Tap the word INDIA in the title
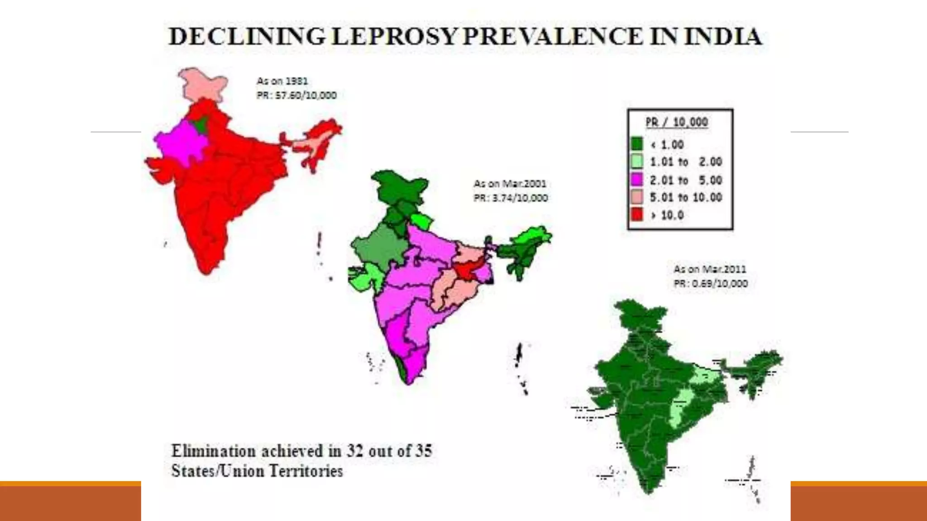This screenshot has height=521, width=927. coord(723,37)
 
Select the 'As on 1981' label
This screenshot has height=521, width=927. coord(282,81)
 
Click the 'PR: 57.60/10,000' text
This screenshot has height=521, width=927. coord(296,95)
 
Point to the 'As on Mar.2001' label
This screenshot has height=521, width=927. coord(510,184)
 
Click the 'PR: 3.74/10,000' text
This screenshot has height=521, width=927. coord(511,198)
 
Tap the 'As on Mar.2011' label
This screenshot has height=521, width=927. coord(709,269)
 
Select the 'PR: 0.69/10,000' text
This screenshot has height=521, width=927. coord(711,284)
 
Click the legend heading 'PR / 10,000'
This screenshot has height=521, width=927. coord(676,122)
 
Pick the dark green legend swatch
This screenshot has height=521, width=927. coord(636,144)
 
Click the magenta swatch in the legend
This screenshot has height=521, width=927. coord(636,180)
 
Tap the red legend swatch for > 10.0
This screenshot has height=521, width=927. coord(636,215)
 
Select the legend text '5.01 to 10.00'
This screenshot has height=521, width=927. coord(685,197)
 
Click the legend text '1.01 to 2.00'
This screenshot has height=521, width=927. coord(685,162)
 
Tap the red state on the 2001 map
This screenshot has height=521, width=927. coord(464,270)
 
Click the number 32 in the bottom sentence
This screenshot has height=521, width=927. coord(354,451)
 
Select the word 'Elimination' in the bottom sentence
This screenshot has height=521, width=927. coord(213,451)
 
